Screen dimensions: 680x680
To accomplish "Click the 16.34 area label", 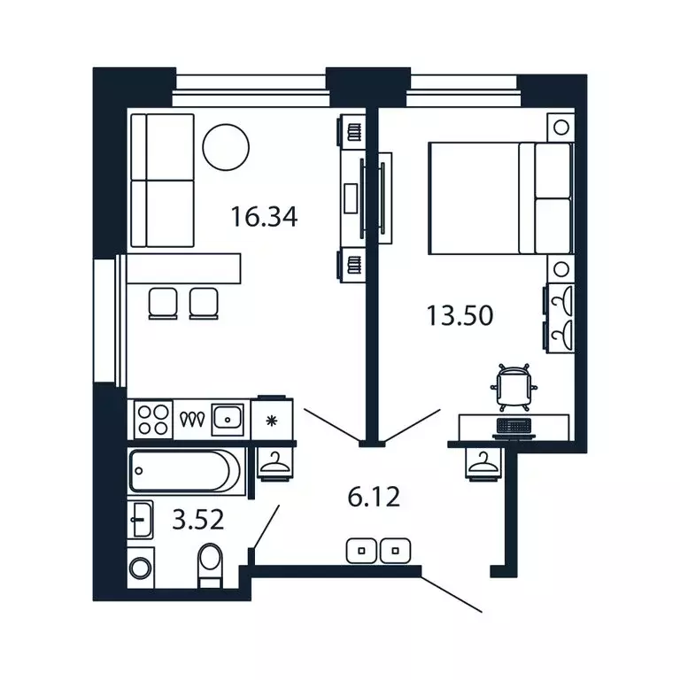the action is coord(264,217).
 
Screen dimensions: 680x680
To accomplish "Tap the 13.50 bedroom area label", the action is coord(460,315).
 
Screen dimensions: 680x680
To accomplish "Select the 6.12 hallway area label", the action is coord(374,497).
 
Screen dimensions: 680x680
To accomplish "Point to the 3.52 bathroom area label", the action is coord(197,519).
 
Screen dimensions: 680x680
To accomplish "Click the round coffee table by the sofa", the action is coord(226,148).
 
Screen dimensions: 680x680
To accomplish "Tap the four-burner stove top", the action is coord(153,420).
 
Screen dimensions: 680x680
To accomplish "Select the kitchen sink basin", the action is coord(228,420).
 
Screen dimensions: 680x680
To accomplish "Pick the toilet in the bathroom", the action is coord(210,565).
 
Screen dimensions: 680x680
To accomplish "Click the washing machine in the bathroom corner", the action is coord(141,568).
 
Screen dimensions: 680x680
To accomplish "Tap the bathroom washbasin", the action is coord(141,519).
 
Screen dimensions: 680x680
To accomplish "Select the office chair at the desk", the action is coord(514,387).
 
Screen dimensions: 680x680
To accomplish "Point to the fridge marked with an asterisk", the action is coord(272,420).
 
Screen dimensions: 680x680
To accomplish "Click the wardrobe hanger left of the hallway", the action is coord(274,463).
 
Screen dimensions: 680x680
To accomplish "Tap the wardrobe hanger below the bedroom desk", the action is coord(483,463).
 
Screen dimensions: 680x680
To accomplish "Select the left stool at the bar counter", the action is coord(163,303).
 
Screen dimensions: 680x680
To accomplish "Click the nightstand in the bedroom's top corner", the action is coord(561,127).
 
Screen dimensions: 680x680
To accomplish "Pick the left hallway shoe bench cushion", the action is coord(361,551).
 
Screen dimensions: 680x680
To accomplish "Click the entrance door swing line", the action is coord(452,594).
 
